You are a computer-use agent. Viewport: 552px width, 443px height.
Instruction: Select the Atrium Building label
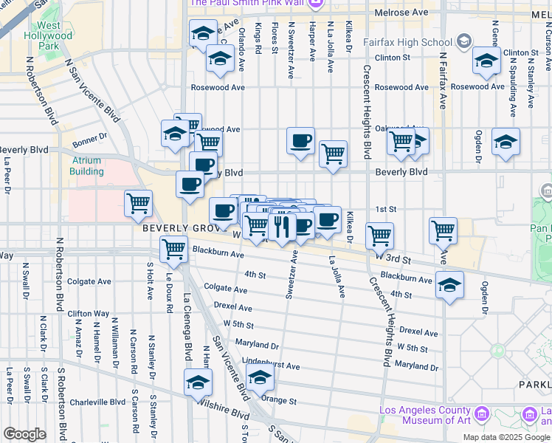click(87, 166)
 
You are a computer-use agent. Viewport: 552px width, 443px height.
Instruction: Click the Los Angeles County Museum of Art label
click(425, 416)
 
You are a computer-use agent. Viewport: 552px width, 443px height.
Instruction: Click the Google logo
click(24, 434)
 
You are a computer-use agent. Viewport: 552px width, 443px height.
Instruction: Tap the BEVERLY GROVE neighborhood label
click(176, 228)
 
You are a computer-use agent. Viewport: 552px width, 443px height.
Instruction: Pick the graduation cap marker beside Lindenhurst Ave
click(259, 378)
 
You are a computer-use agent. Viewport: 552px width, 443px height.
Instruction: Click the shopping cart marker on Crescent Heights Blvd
click(379, 236)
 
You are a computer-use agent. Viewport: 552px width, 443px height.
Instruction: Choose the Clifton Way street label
click(88, 314)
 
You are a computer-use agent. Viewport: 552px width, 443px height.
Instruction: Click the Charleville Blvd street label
click(97, 402)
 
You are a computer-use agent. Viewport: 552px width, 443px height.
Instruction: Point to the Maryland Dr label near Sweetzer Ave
click(258, 345)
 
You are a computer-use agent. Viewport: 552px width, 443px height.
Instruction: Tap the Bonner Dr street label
click(90, 137)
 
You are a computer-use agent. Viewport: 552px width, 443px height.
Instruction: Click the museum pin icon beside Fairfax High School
click(464, 41)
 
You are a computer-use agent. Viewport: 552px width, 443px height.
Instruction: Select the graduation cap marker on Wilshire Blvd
click(198, 382)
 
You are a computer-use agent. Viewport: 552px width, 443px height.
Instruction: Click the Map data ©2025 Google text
click(506, 437)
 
